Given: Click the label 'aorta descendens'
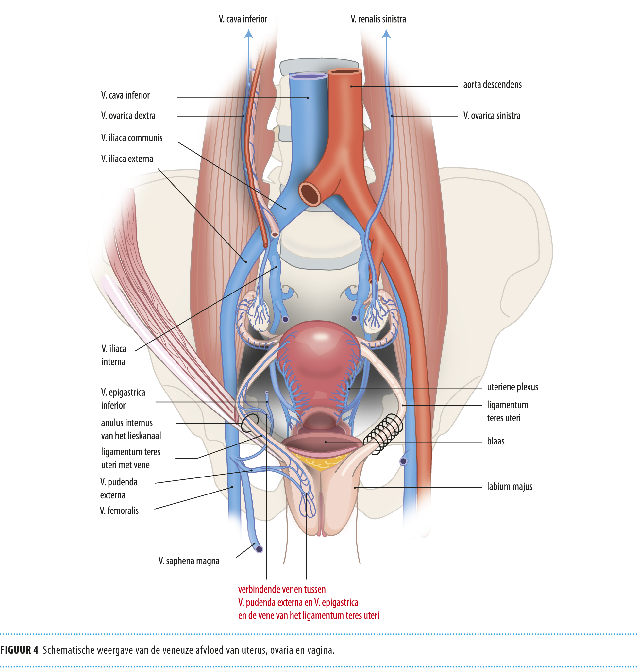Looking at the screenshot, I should coord(492,85).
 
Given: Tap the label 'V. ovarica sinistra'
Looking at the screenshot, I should coord(491,116).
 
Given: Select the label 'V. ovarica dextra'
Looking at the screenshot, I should coord(128,116).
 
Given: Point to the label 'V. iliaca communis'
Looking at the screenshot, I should coord(132,138).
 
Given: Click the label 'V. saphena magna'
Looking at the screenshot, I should coord(189,561).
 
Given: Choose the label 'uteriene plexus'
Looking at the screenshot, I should coord(512,387).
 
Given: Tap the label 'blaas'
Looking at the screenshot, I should coord(495,441).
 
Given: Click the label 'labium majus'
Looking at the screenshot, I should coord(509,487).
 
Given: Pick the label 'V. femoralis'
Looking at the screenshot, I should coord(119,511).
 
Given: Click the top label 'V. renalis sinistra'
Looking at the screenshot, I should coord(378,19).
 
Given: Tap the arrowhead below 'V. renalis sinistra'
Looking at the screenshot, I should coord(386,34).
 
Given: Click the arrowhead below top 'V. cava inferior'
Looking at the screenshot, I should coord(248,34).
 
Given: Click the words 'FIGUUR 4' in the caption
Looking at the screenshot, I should coord(19,650).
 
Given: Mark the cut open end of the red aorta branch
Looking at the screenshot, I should coord(310,193).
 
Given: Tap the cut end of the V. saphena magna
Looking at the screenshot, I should coord(259,549).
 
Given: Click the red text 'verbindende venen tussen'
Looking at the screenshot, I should coord(282,589).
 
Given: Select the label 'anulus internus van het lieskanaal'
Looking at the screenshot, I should coord(131,429).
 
